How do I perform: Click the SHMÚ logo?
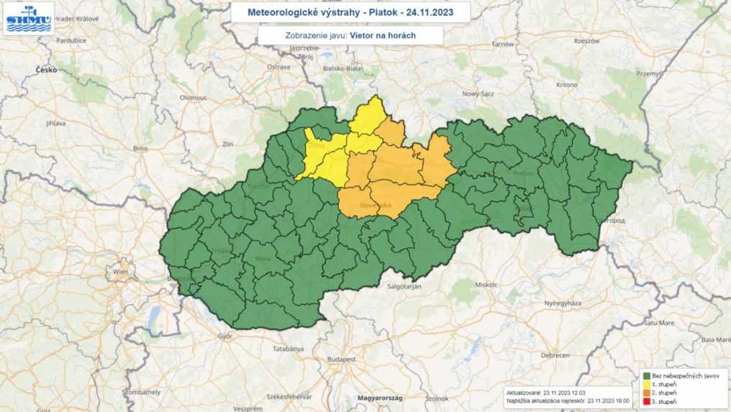[29, 19]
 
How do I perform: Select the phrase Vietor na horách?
[383, 35]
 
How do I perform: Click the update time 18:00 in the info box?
[620, 401]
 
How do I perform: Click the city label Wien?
[119, 273]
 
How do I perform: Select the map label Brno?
[140, 147]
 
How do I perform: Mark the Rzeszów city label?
[587, 41]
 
